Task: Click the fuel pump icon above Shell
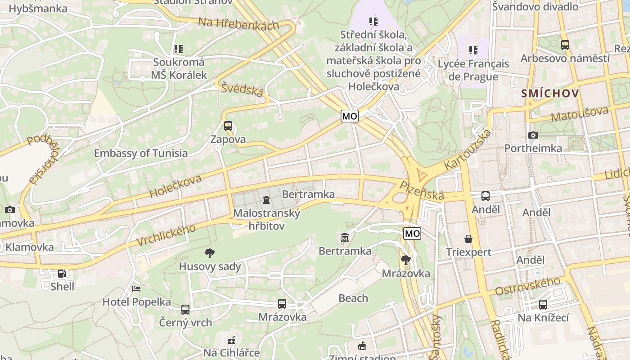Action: [62, 273]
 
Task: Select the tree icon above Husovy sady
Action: [209, 253]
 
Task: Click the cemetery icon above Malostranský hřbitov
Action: [266, 199]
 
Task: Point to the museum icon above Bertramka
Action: [345, 237]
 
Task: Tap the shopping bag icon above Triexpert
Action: [468, 238]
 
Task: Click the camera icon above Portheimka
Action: [533, 135]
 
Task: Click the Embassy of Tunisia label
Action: [140, 153]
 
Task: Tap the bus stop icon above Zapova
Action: [228, 126]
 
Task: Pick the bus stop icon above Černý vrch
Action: [185, 309]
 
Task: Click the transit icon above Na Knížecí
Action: [543, 305]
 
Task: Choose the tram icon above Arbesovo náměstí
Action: [565, 45]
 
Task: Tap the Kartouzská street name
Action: [468, 150]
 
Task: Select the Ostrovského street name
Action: [528, 286]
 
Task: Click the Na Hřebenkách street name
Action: [238, 24]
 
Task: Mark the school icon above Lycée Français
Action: [473, 50]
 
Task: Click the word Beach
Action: [353, 298]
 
